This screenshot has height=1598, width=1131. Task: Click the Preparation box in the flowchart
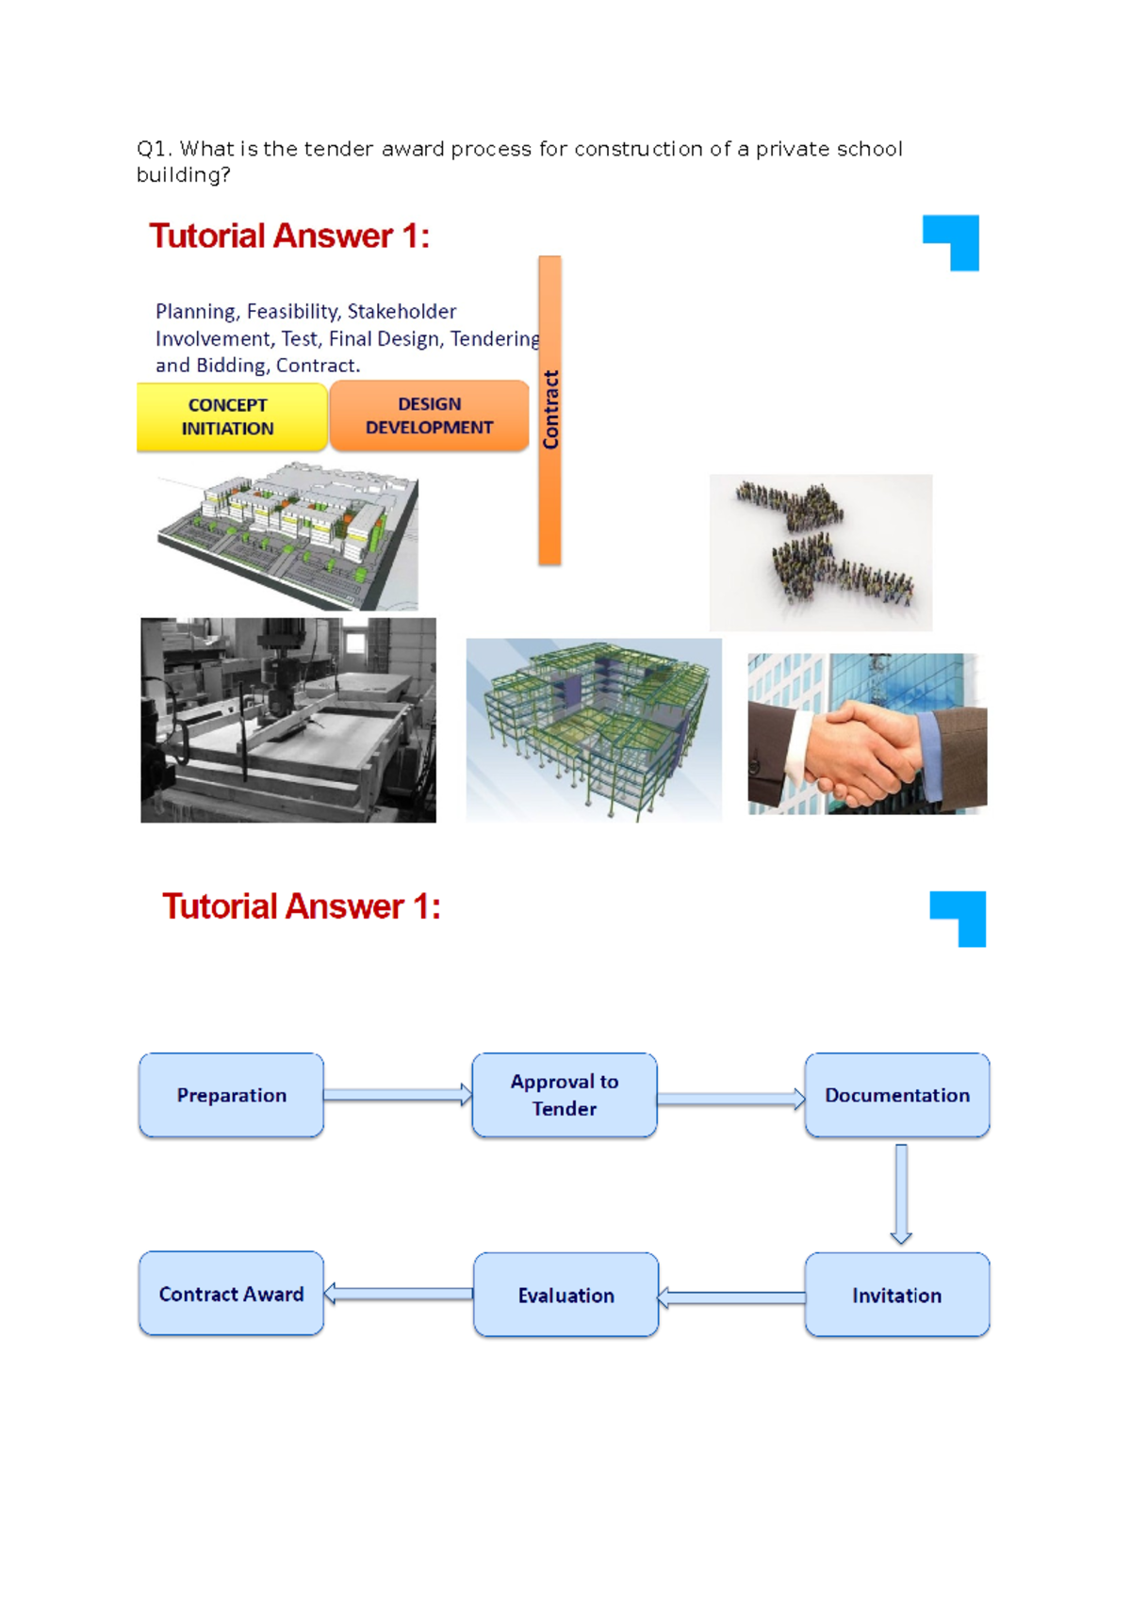[x=231, y=1095]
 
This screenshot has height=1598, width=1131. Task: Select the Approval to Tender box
[x=564, y=1095]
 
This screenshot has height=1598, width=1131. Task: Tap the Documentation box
[x=896, y=1095]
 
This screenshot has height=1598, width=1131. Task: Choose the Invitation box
[x=896, y=1295]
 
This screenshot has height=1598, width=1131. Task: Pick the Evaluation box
[x=565, y=1295]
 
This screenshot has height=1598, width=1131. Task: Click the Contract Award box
[x=231, y=1294]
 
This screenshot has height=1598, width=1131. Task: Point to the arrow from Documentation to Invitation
[x=901, y=1194]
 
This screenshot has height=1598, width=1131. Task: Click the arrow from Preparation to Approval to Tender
[x=397, y=1095]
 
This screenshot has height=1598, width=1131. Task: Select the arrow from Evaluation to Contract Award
[x=399, y=1294]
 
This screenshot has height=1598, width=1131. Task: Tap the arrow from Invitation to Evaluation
[x=731, y=1297]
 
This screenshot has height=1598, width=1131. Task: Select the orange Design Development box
[x=429, y=416]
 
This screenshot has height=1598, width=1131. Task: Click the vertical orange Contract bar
[x=549, y=410]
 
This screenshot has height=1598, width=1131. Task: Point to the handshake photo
[x=866, y=733]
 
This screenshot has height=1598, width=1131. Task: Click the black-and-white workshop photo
[x=288, y=720]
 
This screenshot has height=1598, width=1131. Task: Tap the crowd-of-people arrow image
[x=821, y=552]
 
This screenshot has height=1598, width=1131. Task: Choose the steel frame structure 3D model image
[x=594, y=729]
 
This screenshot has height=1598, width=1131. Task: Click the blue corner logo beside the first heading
[x=952, y=242]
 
